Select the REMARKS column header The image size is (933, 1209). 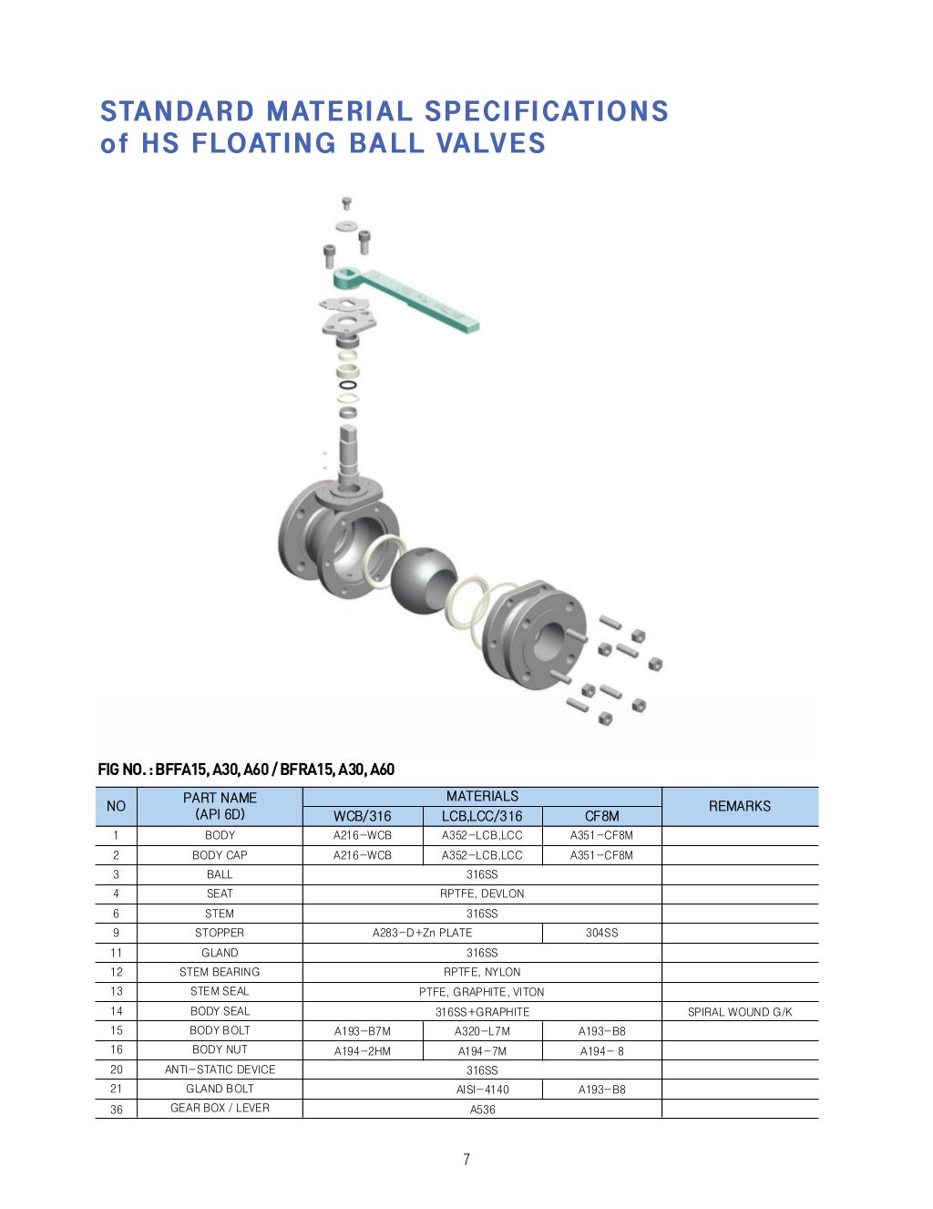(739, 806)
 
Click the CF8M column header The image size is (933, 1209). (601, 816)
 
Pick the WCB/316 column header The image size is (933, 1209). (362, 816)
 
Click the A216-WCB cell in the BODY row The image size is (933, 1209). (363, 835)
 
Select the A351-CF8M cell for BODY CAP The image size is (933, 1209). (601, 855)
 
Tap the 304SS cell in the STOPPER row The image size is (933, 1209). (601, 933)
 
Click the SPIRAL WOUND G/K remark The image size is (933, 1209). (740, 1011)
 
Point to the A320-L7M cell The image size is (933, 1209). (482, 1031)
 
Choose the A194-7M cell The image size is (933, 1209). (482, 1050)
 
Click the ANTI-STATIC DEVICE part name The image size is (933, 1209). (220, 1069)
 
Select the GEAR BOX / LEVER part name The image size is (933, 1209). (220, 1108)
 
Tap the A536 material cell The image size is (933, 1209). (482, 1110)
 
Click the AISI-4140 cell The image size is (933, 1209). (482, 1090)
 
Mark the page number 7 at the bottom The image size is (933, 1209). (466, 1160)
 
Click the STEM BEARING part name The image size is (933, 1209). (220, 972)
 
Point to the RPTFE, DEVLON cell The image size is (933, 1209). (482, 894)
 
